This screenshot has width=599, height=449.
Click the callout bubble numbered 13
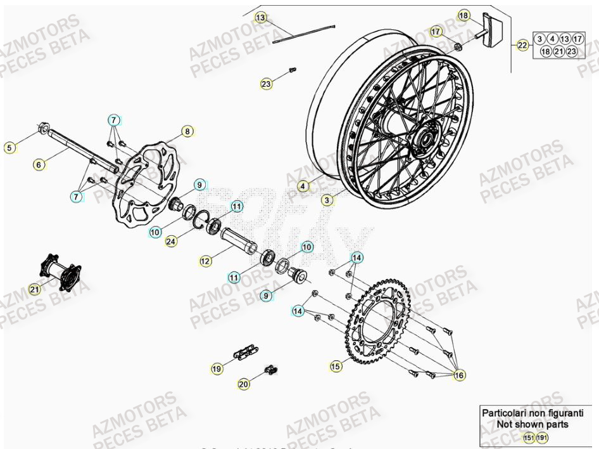pyautogui.click(x=262, y=17)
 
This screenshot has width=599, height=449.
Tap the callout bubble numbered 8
pyautogui.click(x=187, y=131)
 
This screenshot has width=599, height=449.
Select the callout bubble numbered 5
pyautogui.click(x=9, y=148)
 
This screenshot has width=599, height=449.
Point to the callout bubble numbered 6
pyautogui.click(x=39, y=165)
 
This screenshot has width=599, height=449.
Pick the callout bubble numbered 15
pyautogui.click(x=336, y=366)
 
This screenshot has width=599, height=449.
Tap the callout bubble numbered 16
pyautogui.click(x=460, y=375)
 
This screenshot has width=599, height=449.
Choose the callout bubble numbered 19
pyautogui.click(x=217, y=368)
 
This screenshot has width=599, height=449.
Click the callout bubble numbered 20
pyautogui.click(x=244, y=384)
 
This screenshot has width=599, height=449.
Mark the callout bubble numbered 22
pyautogui.click(x=522, y=45)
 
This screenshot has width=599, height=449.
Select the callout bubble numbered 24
pyautogui.click(x=172, y=241)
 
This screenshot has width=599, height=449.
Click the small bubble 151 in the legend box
pyautogui.click(x=527, y=438)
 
